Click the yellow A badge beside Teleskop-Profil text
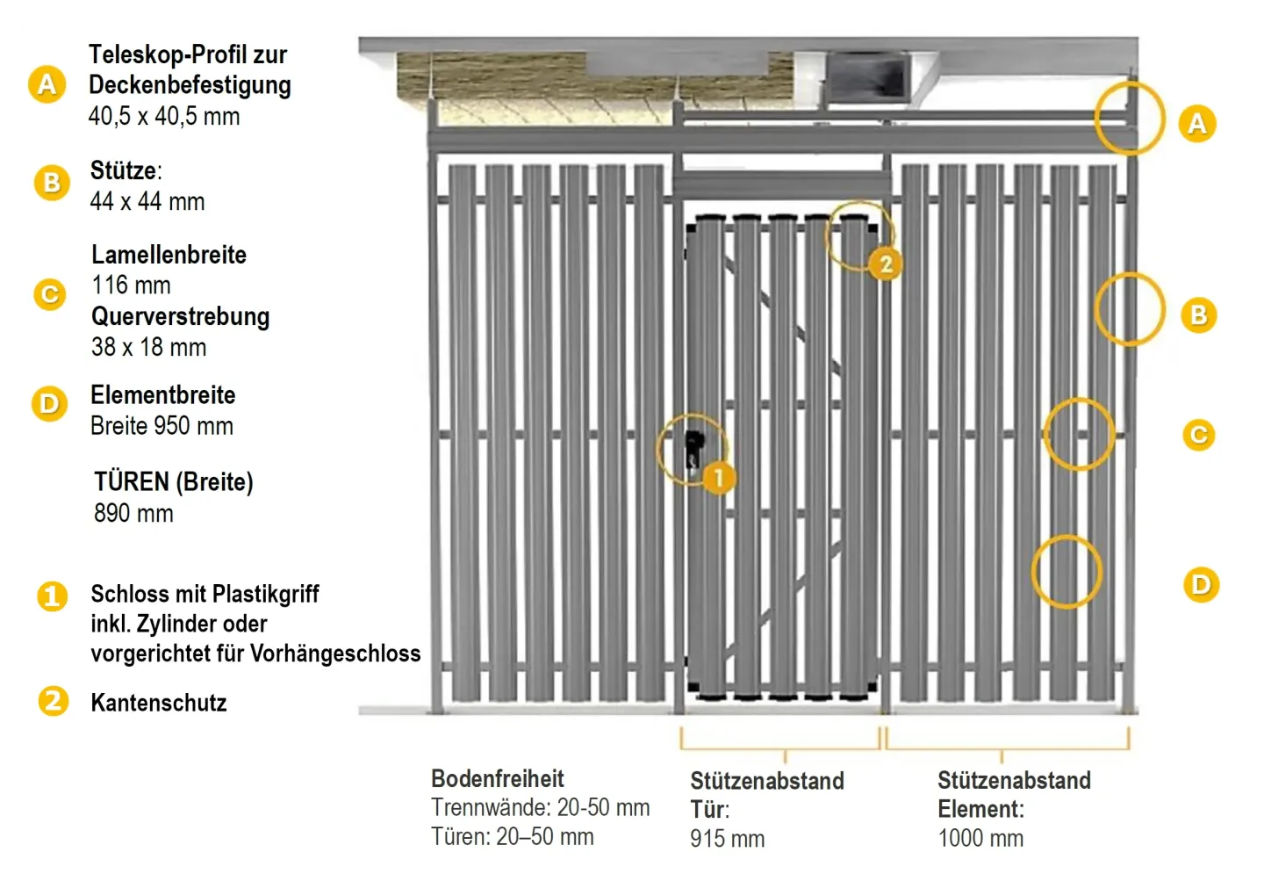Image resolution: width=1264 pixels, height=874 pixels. (47, 84)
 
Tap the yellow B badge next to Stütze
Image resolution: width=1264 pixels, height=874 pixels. (52, 183)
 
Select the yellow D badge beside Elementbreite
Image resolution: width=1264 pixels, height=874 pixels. (49, 404)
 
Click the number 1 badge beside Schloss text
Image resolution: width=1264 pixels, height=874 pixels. (52, 596)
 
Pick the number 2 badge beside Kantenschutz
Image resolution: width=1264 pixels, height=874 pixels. (53, 701)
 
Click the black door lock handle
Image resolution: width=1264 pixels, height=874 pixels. (693, 447)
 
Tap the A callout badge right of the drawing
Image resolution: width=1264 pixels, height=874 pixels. (1197, 124)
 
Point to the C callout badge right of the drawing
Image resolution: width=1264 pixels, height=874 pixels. (1198, 435)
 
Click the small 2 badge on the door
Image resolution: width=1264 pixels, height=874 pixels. (886, 264)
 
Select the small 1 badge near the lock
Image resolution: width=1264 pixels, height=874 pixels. (718, 478)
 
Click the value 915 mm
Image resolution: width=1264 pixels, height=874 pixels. (727, 839)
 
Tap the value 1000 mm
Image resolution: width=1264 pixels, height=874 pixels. (980, 838)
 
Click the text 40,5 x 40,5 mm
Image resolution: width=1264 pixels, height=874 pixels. (164, 116)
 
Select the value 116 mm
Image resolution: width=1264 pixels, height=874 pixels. (131, 285)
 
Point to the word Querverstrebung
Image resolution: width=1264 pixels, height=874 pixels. (180, 316)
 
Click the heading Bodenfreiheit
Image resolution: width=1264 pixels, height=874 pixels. (497, 778)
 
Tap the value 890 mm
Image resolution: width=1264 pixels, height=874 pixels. (133, 513)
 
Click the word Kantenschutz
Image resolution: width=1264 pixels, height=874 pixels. (159, 703)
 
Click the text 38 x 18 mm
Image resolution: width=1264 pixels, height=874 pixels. (148, 347)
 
